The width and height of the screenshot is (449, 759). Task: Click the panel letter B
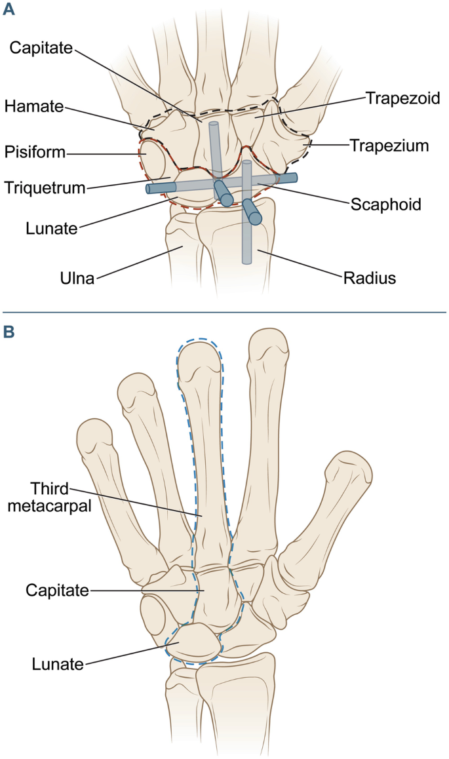pos(9,332)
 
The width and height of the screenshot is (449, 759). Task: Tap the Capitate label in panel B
pos(57,591)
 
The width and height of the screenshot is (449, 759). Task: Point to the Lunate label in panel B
pos(58,665)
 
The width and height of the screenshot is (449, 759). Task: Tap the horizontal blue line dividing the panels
pos(224,313)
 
